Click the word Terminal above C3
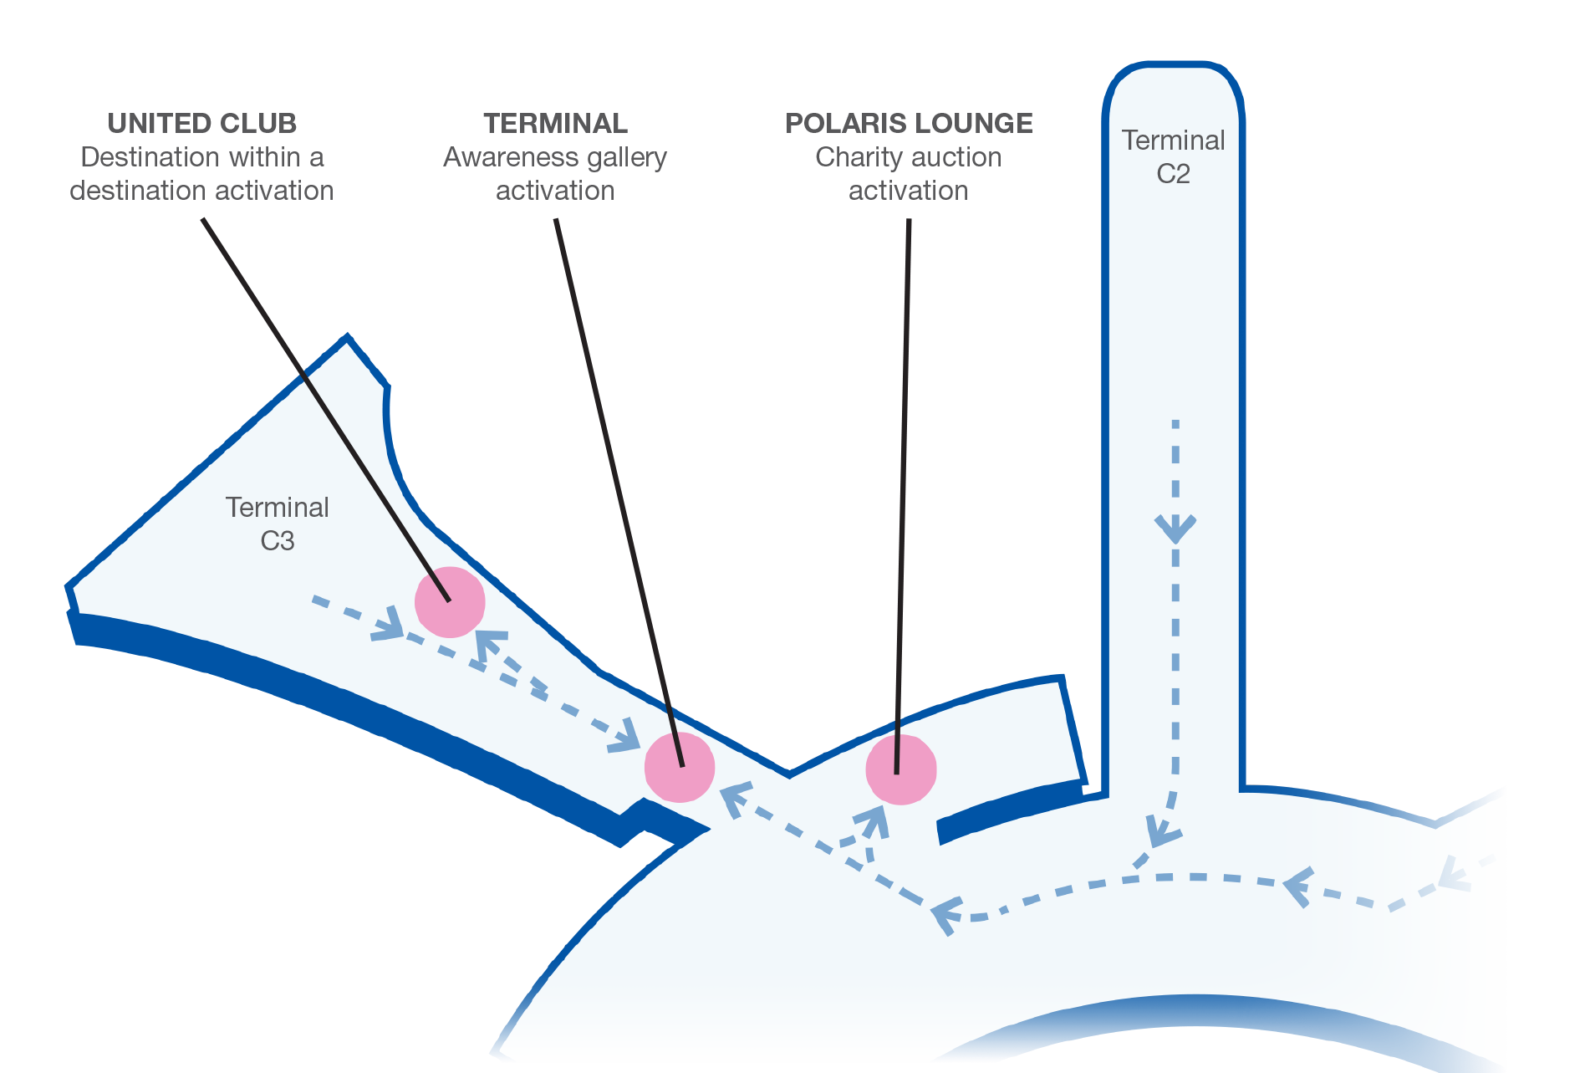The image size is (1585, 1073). [277, 508]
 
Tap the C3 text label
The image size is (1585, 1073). [277, 541]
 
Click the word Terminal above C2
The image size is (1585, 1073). [1173, 141]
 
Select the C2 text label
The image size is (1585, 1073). [1173, 174]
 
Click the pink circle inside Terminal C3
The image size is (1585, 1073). [450, 602]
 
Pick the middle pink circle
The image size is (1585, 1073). [680, 767]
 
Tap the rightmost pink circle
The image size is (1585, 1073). [901, 769]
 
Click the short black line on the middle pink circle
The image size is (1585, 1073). [675, 736]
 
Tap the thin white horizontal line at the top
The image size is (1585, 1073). [552, 149]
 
